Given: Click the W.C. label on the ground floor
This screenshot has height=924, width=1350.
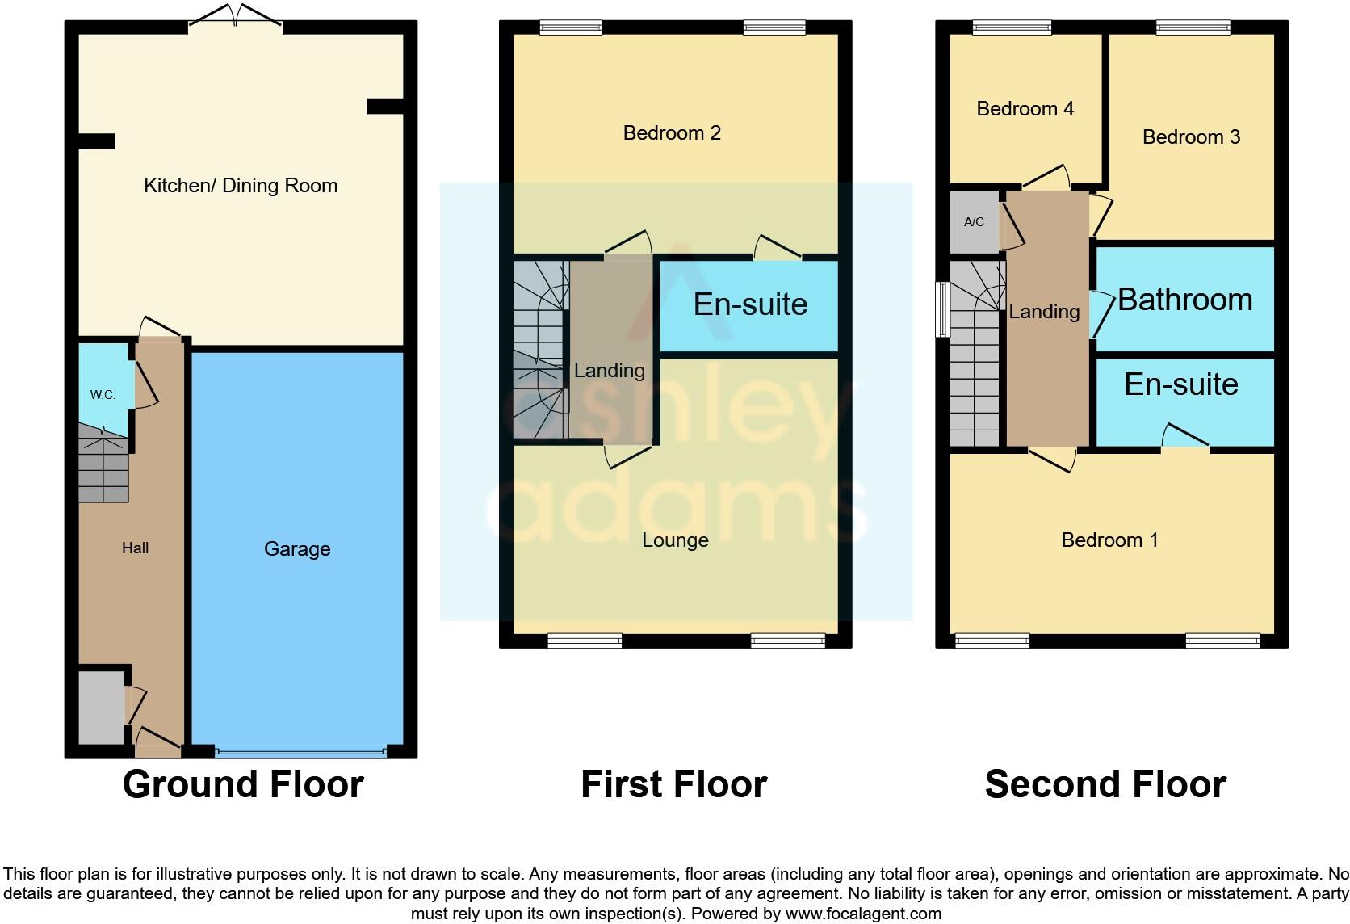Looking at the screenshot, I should [103, 395].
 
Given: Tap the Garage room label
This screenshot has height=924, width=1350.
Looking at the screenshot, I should [297, 549].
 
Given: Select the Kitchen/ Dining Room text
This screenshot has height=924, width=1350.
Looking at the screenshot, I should [241, 186].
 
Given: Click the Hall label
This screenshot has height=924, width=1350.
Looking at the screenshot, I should [135, 548].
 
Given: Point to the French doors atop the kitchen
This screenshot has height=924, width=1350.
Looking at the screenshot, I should [235, 17].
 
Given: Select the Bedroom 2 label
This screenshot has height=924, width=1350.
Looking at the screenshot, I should [672, 133].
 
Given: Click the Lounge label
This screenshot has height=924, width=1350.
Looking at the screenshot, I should [675, 540].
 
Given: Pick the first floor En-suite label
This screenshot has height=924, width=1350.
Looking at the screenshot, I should [750, 304].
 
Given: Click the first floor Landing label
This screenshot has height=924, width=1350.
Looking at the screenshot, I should [609, 371].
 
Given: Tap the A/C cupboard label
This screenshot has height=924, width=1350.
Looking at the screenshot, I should [974, 222].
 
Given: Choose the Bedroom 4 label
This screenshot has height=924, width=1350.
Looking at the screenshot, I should [1025, 109].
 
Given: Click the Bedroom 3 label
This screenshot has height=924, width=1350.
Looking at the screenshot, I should [1191, 137].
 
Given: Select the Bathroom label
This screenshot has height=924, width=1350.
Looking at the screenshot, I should [1184, 300].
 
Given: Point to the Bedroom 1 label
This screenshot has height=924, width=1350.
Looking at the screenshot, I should [1109, 540].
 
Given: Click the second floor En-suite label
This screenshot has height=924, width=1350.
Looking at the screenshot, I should [1180, 384].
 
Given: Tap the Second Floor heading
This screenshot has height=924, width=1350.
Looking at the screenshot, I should [1105, 784].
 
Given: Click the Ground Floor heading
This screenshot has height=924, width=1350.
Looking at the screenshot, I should [243, 784].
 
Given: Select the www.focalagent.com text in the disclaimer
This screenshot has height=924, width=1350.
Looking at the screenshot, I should [863, 914].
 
